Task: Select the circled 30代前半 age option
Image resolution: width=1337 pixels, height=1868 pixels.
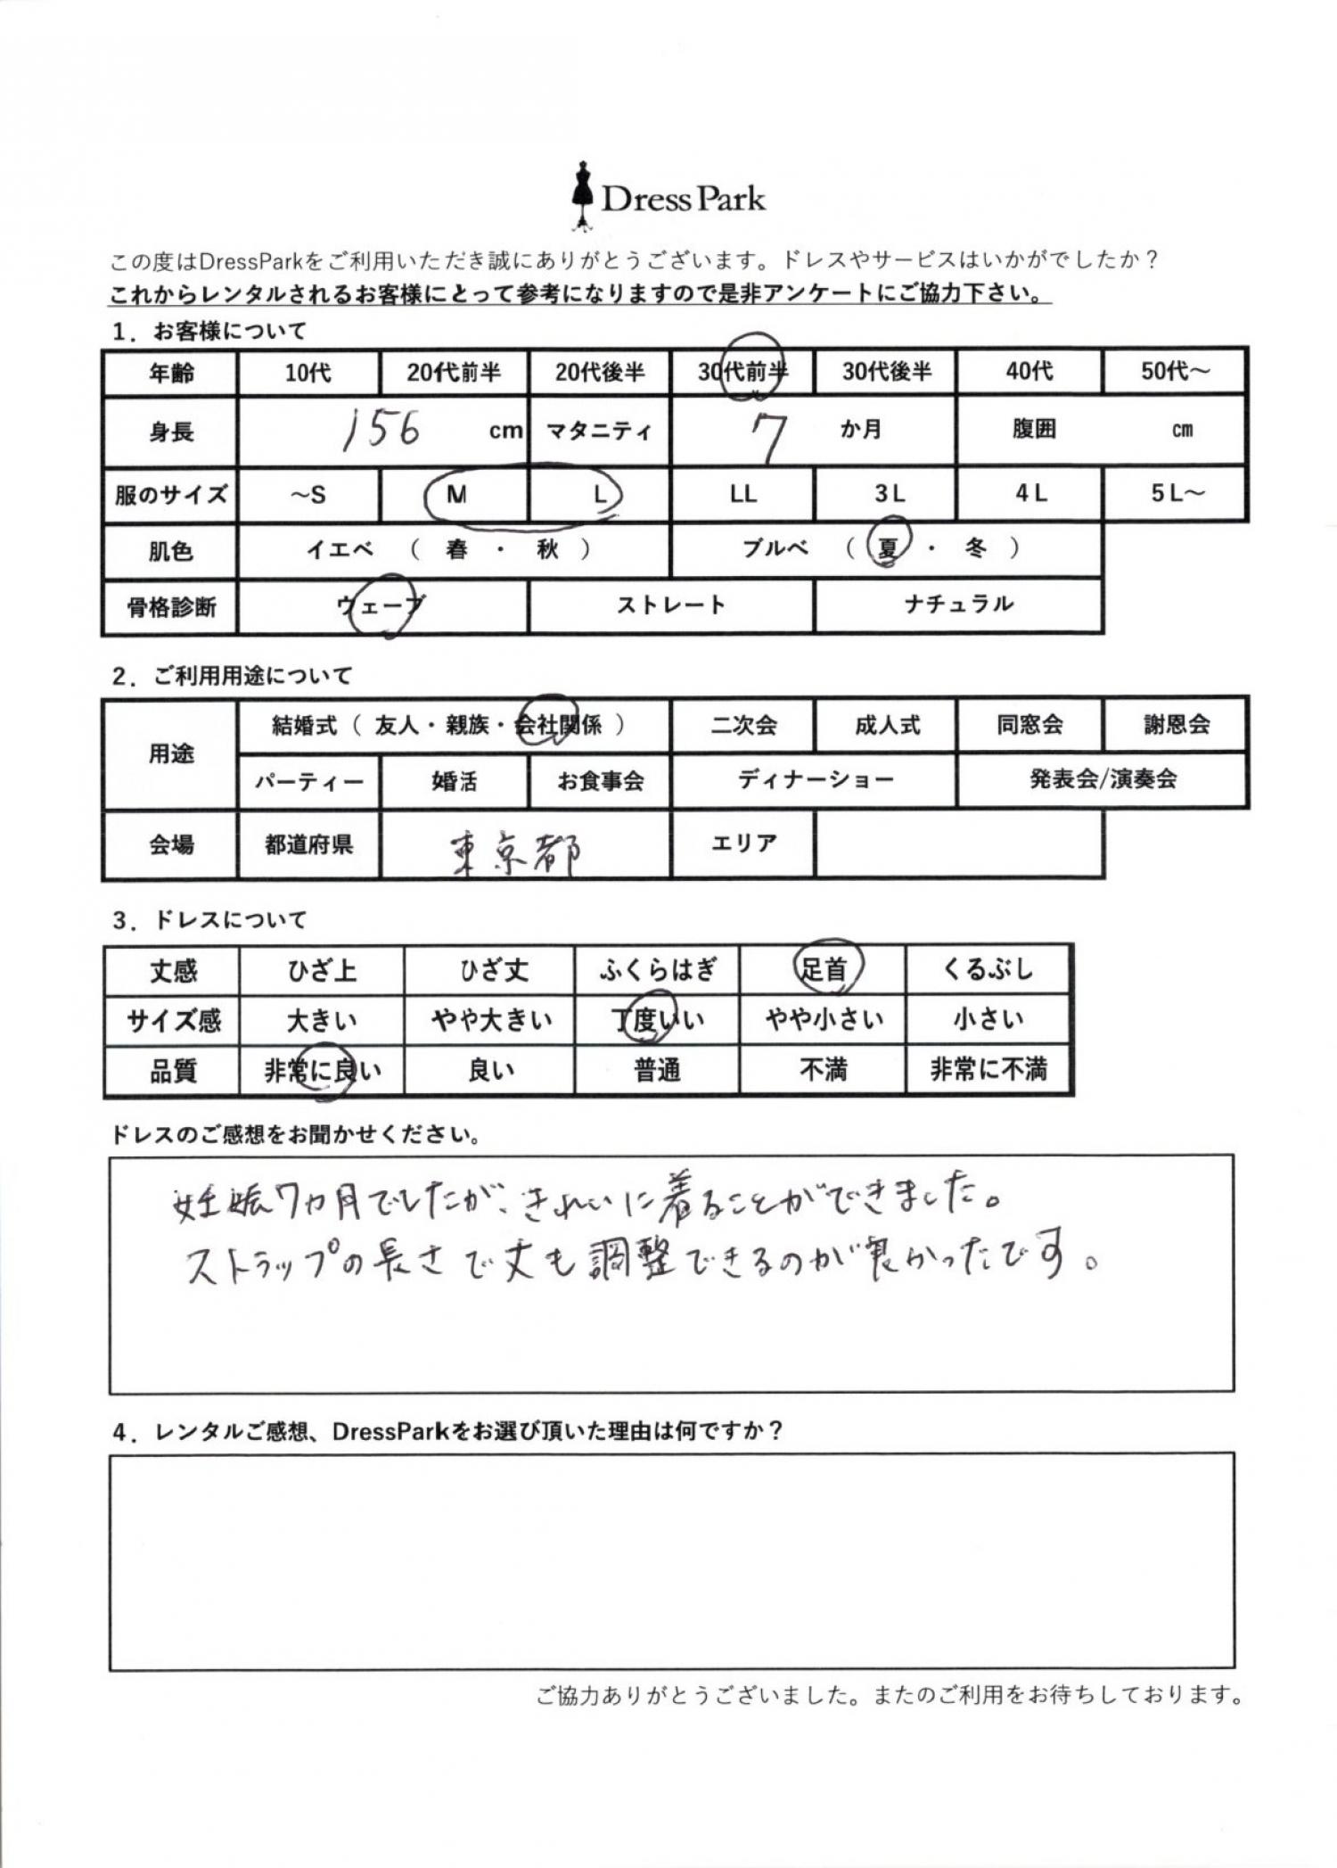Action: pyautogui.click(x=742, y=371)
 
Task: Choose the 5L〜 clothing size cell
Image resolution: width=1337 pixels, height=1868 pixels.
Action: pyautogui.click(x=1175, y=494)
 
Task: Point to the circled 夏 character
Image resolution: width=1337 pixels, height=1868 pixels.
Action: pyautogui.click(x=888, y=548)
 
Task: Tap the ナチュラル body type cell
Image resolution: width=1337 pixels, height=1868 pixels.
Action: pyautogui.click(x=958, y=605)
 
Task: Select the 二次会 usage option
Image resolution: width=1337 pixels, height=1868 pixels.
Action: pyautogui.click(x=742, y=725)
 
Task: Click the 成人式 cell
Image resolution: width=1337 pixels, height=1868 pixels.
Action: pyautogui.click(x=886, y=725)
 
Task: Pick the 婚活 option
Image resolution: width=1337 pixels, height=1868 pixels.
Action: pyautogui.click(x=455, y=781)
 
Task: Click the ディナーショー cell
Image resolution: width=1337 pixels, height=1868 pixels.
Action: pyautogui.click(x=814, y=780)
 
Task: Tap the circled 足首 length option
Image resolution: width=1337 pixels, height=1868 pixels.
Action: pyautogui.click(x=824, y=969)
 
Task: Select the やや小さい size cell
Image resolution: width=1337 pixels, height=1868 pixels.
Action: pyautogui.click(x=824, y=1019)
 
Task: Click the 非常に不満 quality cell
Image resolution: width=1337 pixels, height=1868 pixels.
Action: pyautogui.click(x=988, y=1069)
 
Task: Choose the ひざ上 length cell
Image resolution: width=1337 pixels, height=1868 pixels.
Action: pyautogui.click(x=322, y=970)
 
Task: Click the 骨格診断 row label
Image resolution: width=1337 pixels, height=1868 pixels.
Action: pyautogui.click(x=170, y=607)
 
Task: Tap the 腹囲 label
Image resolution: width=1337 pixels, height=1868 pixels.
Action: pyautogui.click(x=1033, y=430)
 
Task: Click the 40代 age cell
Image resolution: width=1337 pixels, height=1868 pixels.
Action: pyautogui.click(x=1029, y=371)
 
